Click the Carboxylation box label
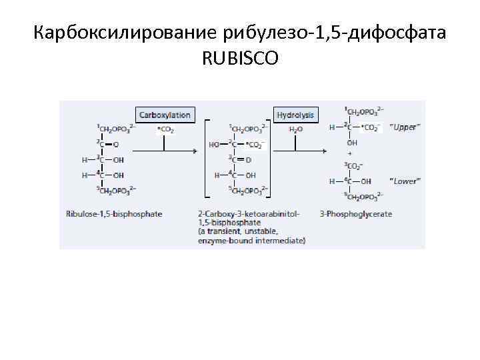164,115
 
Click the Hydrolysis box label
296,115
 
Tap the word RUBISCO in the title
240,59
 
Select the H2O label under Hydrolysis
295,129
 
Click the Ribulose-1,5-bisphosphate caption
114,214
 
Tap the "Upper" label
405,127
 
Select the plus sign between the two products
347,153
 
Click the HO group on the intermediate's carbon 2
214,144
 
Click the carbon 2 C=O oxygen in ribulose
117,144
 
